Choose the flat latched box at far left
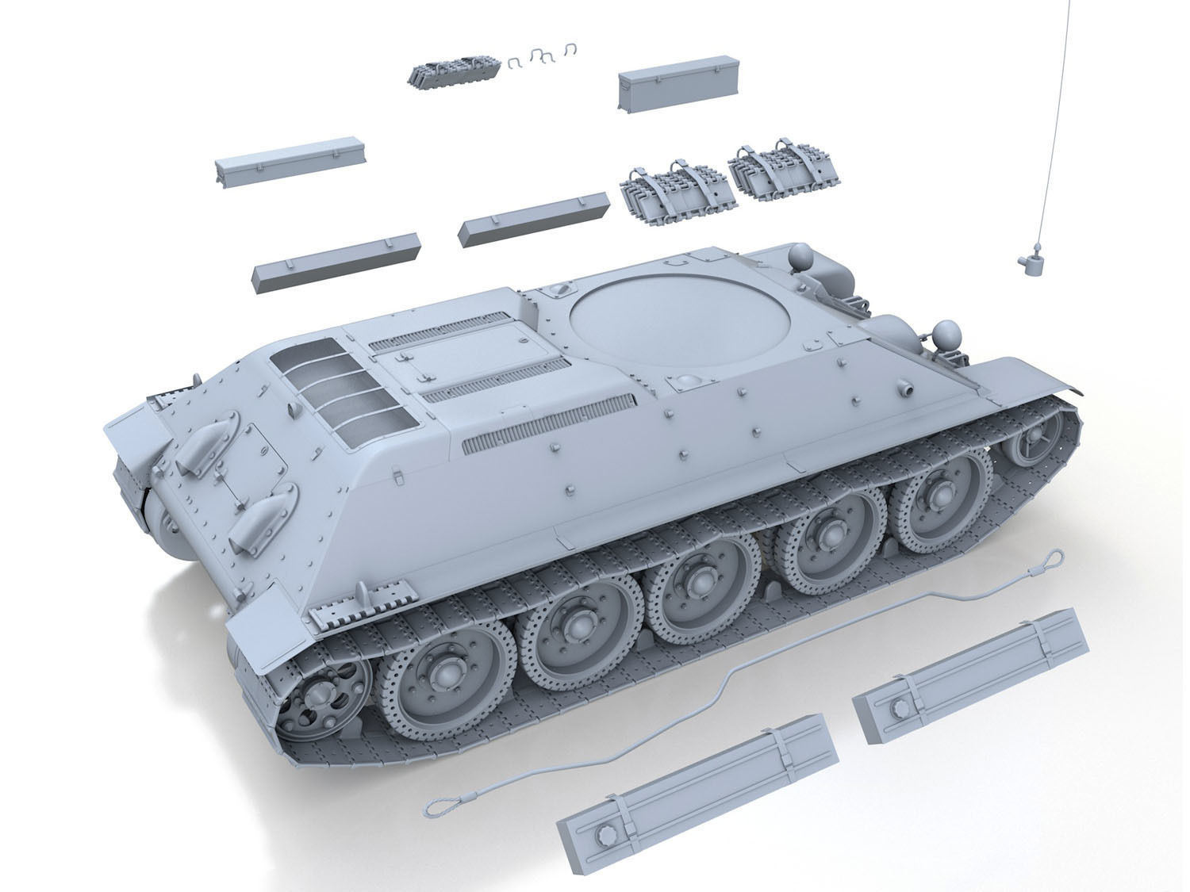tap(280, 165)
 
